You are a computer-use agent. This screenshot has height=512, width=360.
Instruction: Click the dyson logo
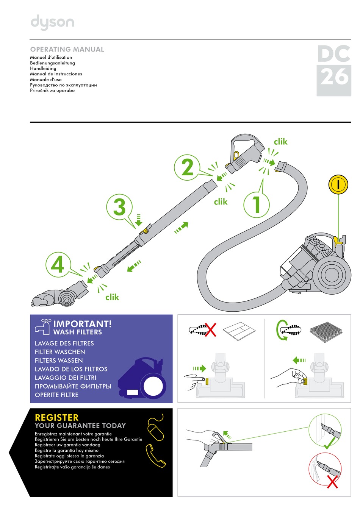[x=52, y=22]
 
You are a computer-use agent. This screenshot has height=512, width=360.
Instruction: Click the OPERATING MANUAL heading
[x=67, y=49]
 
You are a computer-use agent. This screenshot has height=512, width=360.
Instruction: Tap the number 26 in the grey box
[x=334, y=77]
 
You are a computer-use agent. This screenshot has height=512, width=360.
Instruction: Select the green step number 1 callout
[x=257, y=204]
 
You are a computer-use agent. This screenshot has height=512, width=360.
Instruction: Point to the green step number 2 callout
[x=187, y=167]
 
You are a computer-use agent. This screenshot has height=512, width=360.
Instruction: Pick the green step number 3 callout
[x=119, y=207]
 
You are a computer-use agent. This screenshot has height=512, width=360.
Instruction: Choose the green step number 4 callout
[x=58, y=265]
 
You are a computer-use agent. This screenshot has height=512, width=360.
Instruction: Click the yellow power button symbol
[x=338, y=184]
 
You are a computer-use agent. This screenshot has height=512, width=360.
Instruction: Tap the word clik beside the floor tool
[x=112, y=297]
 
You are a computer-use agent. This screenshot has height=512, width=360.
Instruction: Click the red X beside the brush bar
[x=210, y=329]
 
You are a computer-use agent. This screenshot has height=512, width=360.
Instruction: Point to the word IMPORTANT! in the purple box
[x=83, y=324]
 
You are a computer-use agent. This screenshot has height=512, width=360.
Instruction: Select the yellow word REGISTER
[x=57, y=417]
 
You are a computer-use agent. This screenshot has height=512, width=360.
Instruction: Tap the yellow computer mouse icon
[x=155, y=428]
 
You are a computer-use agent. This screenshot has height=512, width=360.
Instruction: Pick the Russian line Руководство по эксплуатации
[x=63, y=85]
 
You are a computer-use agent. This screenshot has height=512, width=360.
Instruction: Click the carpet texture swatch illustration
[x=326, y=331]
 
